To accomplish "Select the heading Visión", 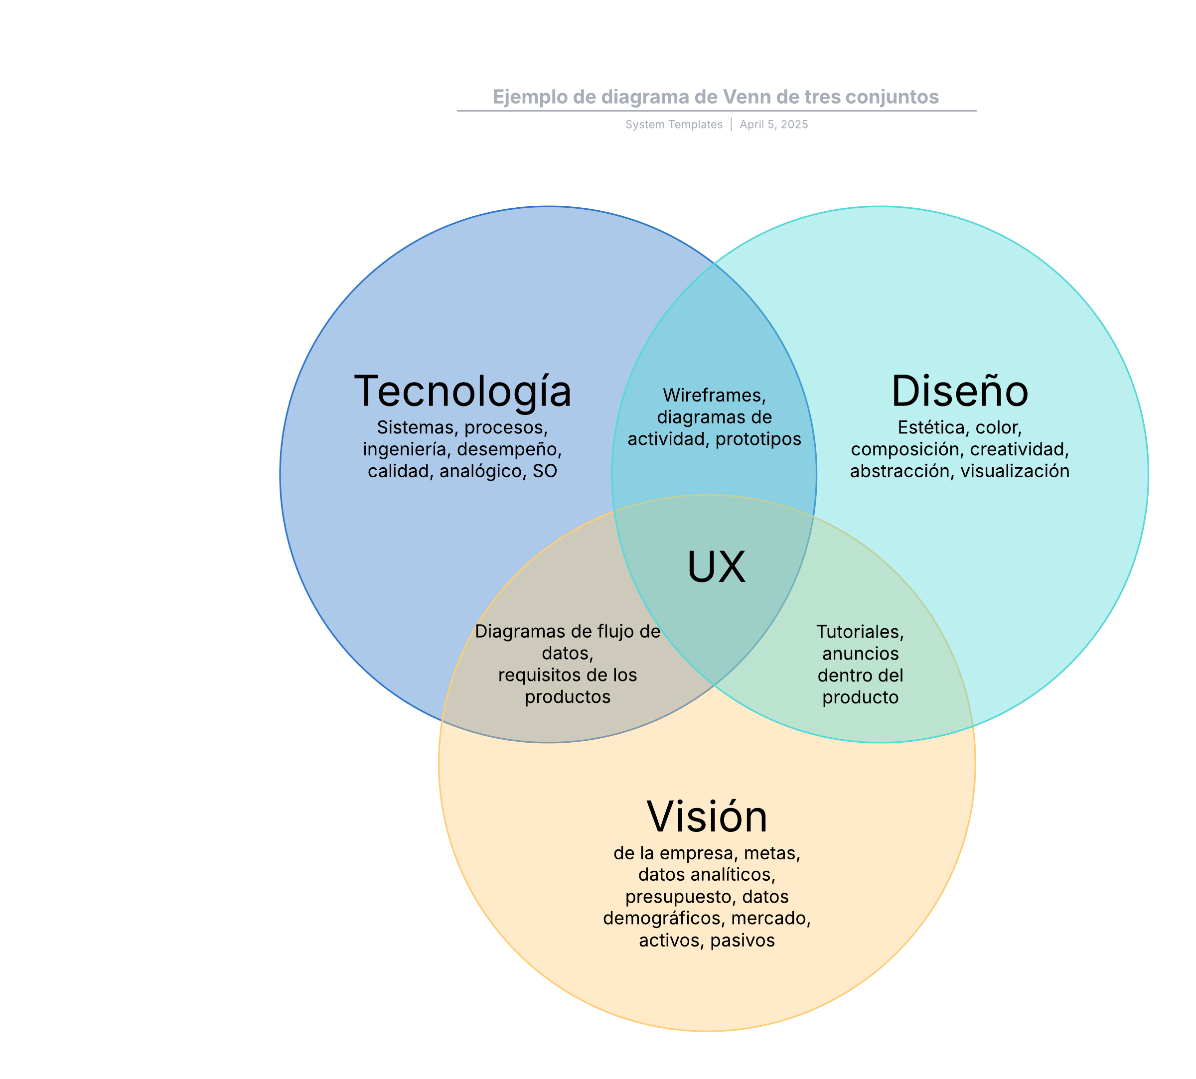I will (x=707, y=817).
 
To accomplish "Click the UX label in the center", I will (x=716, y=567).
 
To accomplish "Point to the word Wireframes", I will (x=713, y=396).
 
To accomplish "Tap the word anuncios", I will (x=860, y=654).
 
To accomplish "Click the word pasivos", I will (x=743, y=941).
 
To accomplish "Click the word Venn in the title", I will (x=747, y=97).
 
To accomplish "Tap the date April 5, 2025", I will (x=773, y=125).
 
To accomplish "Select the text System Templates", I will (x=674, y=125).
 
